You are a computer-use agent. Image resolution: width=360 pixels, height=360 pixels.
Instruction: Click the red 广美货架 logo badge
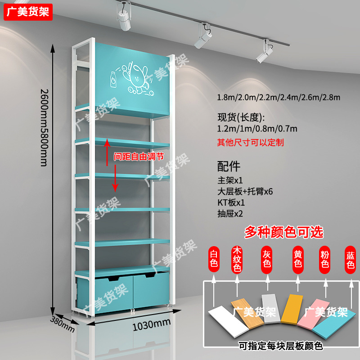tap(28, 12)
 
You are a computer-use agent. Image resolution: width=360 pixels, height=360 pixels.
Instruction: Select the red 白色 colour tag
tap(214, 260)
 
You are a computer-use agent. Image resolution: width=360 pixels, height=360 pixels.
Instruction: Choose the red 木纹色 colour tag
tap(237, 260)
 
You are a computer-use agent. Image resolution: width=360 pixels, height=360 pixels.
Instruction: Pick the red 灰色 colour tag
tap(267, 260)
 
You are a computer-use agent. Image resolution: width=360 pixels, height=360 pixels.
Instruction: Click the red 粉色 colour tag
tap(324, 260)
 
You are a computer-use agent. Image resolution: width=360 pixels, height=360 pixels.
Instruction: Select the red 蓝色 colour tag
tap(351, 260)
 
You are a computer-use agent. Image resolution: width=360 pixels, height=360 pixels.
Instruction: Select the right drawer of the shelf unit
tap(149, 290)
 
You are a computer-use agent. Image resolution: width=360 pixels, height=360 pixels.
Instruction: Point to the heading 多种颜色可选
tap(283, 232)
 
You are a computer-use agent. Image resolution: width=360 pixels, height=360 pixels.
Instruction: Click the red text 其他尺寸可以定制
tap(250, 143)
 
